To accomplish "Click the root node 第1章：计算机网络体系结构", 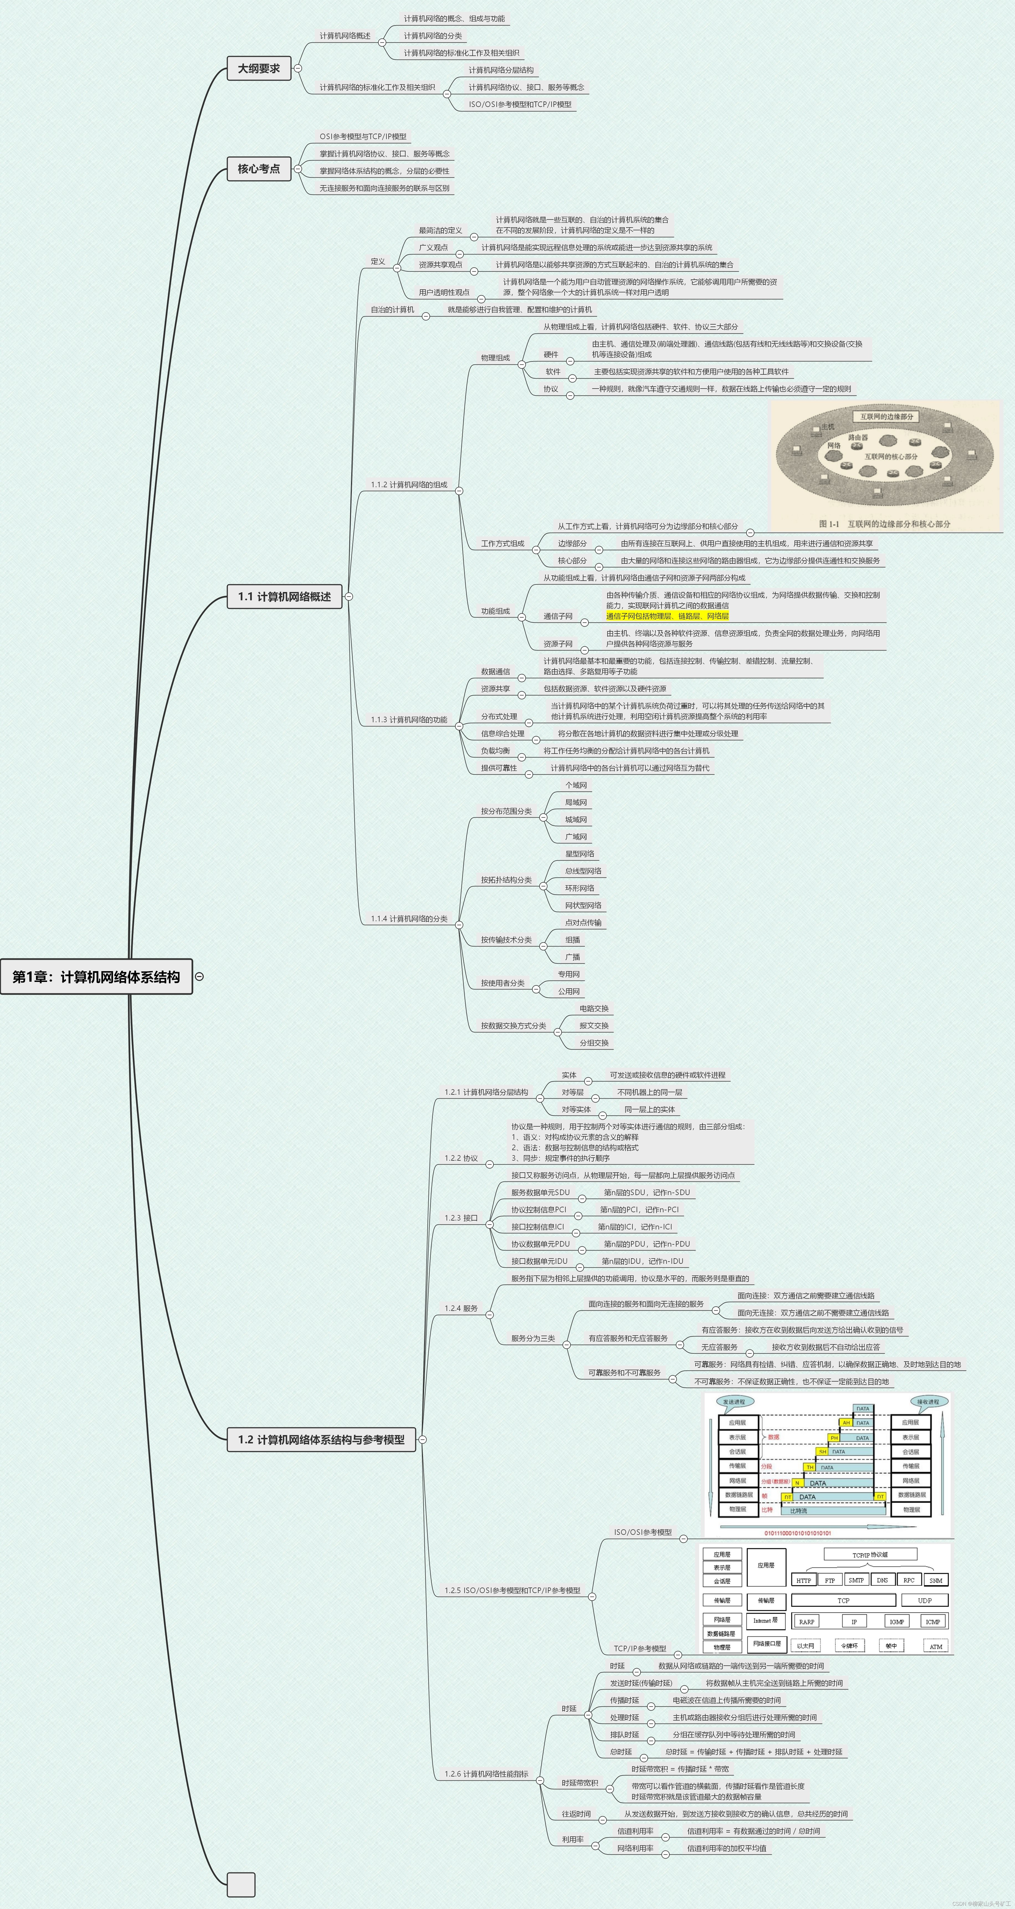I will (x=96, y=977).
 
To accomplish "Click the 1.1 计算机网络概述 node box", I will (x=284, y=596).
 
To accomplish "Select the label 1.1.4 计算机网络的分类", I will (x=409, y=919).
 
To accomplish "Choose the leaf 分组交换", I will (x=594, y=1043).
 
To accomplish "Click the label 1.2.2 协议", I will (x=461, y=1158).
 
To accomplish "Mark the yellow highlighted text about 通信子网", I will (x=667, y=616).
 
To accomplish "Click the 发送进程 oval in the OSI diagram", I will (x=734, y=1401).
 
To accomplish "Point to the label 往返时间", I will (x=576, y=1814).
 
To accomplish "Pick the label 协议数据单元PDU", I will (x=540, y=1244).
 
